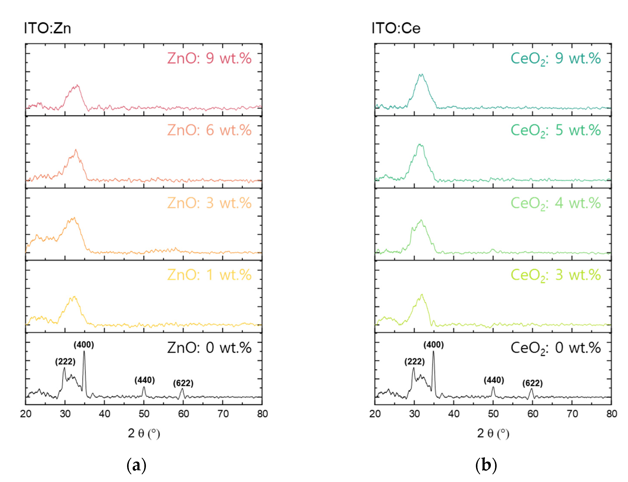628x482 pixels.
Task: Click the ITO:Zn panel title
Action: [47, 28]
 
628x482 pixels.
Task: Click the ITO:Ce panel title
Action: [396, 28]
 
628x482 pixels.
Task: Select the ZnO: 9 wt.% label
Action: [209, 58]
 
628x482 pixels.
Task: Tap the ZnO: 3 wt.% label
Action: [209, 203]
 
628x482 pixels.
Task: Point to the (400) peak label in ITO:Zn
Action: [84, 345]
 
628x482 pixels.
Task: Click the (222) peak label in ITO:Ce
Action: [414, 361]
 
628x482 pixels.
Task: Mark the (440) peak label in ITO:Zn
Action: [144, 380]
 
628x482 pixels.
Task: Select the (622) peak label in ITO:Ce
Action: [532, 383]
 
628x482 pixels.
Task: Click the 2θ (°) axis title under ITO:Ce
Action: [493, 433]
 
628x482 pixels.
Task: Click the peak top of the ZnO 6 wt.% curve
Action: [76, 150]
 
